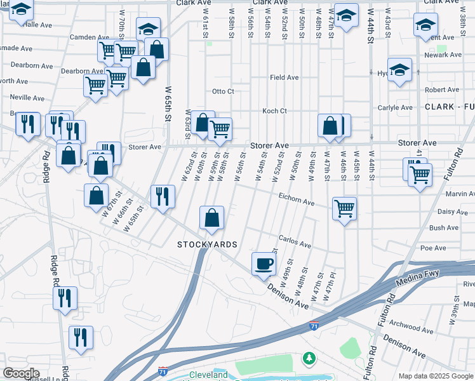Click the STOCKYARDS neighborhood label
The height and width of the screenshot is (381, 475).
(x=207, y=244)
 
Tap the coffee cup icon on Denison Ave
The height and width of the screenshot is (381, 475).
(x=263, y=264)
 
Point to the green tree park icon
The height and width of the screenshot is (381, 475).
(x=309, y=359)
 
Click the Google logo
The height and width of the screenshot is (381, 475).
(x=21, y=373)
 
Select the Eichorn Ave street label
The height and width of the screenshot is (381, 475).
(x=296, y=200)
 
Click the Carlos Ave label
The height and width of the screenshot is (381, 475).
(x=295, y=243)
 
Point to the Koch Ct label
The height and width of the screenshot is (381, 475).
(x=274, y=110)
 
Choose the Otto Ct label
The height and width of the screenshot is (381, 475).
(x=223, y=91)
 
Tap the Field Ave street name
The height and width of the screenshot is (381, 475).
(x=284, y=77)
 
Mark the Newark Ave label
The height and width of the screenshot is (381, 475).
(x=443, y=55)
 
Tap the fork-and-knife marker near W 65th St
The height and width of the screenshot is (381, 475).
(x=162, y=196)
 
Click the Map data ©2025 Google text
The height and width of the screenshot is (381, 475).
(x=436, y=375)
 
